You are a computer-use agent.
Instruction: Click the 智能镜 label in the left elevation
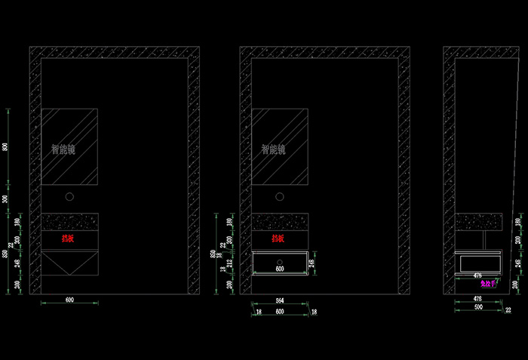point(63,149)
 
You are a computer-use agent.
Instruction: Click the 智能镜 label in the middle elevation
point(273,149)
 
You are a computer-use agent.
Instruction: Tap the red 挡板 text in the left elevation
point(69,238)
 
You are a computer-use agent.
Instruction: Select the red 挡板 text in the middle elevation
point(278,238)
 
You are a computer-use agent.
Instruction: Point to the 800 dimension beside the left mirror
point(6,146)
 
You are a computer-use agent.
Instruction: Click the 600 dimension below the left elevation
point(69,300)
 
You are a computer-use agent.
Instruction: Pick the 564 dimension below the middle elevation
point(279,300)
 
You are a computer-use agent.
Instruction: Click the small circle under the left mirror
point(69,197)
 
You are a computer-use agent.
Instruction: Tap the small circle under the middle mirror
point(279,197)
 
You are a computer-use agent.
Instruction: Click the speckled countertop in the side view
point(479,220)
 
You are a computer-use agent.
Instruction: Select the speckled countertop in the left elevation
point(69,221)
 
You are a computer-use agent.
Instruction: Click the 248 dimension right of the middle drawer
point(314,262)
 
